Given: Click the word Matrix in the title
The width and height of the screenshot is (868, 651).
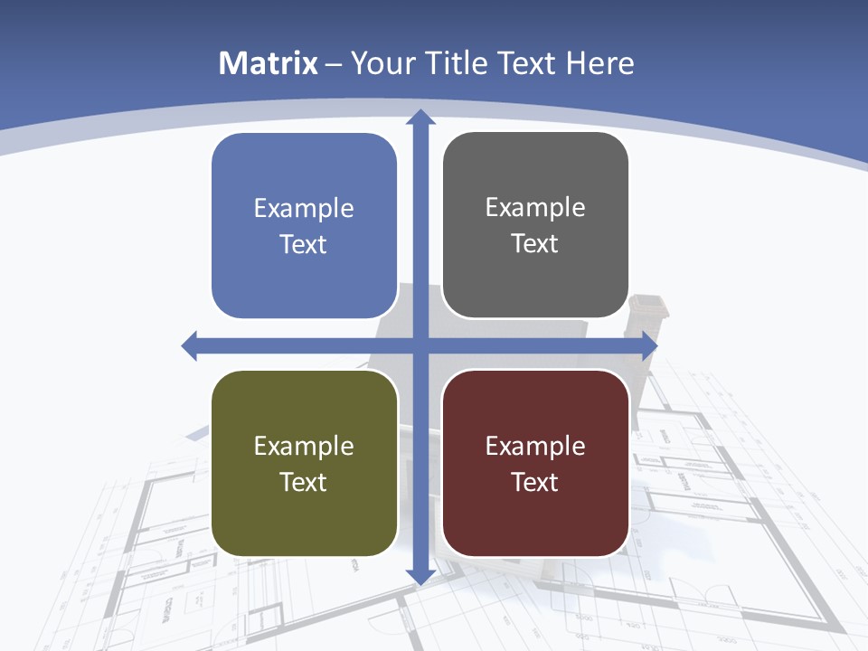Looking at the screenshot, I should (269, 63).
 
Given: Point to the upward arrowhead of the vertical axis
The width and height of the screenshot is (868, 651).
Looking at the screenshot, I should (420, 118).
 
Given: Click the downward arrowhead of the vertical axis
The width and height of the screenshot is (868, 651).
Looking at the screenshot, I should (420, 575).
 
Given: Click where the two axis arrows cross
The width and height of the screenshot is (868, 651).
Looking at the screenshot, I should (420, 345).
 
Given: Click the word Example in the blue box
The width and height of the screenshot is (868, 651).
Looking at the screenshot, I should (304, 209).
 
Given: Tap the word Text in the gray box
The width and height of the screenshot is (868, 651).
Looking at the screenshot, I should (535, 244).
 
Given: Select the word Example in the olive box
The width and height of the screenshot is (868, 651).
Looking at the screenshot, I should (304, 446).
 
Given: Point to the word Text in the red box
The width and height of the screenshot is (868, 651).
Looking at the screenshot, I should (535, 482).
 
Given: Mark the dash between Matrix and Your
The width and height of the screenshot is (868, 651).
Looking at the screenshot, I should (334, 64).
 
